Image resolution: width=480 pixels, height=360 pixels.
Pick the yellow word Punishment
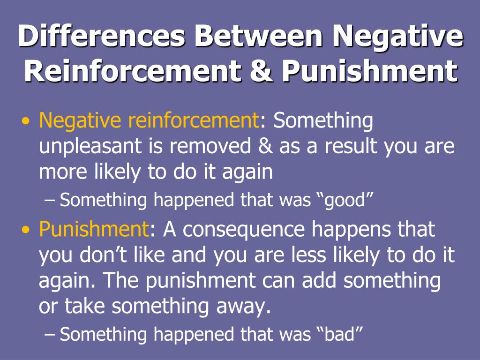(94, 230)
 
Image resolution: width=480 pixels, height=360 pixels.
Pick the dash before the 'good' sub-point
(51, 201)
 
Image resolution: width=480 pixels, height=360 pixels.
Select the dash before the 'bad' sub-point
(51, 334)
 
